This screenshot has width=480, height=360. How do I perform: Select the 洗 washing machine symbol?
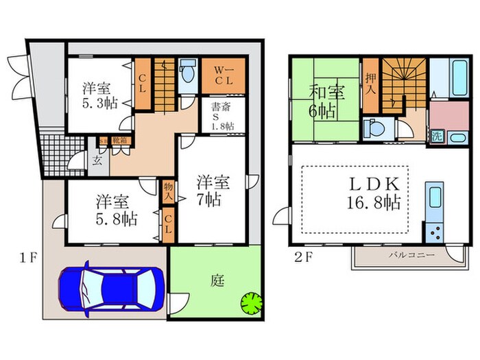tap(436, 136)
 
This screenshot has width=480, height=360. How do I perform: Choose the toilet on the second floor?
tap(374, 130)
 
